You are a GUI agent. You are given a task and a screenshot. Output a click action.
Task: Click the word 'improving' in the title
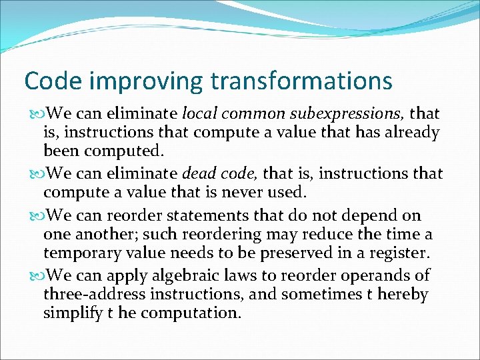(139, 81)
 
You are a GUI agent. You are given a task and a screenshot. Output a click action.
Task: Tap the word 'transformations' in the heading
(301, 81)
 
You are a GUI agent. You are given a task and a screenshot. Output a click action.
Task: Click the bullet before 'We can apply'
(33, 275)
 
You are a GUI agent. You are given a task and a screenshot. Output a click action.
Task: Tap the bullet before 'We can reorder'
(33, 216)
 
